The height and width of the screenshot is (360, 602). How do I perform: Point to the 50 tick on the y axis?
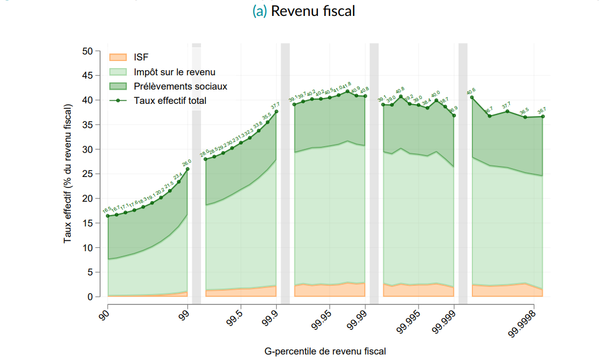(x=88, y=51)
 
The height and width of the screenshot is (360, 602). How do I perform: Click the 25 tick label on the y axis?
(x=88, y=174)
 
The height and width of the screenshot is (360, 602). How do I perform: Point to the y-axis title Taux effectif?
(x=68, y=174)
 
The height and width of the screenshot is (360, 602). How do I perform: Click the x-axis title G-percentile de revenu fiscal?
(x=325, y=351)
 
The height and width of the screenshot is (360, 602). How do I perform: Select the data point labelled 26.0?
(x=188, y=169)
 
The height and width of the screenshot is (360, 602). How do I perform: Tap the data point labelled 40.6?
(x=472, y=97)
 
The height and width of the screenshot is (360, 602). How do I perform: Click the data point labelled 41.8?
(x=348, y=91)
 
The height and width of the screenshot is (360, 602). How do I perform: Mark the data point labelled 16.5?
(x=108, y=216)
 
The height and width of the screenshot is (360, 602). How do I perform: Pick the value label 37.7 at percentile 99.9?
(x=275, y=105)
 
